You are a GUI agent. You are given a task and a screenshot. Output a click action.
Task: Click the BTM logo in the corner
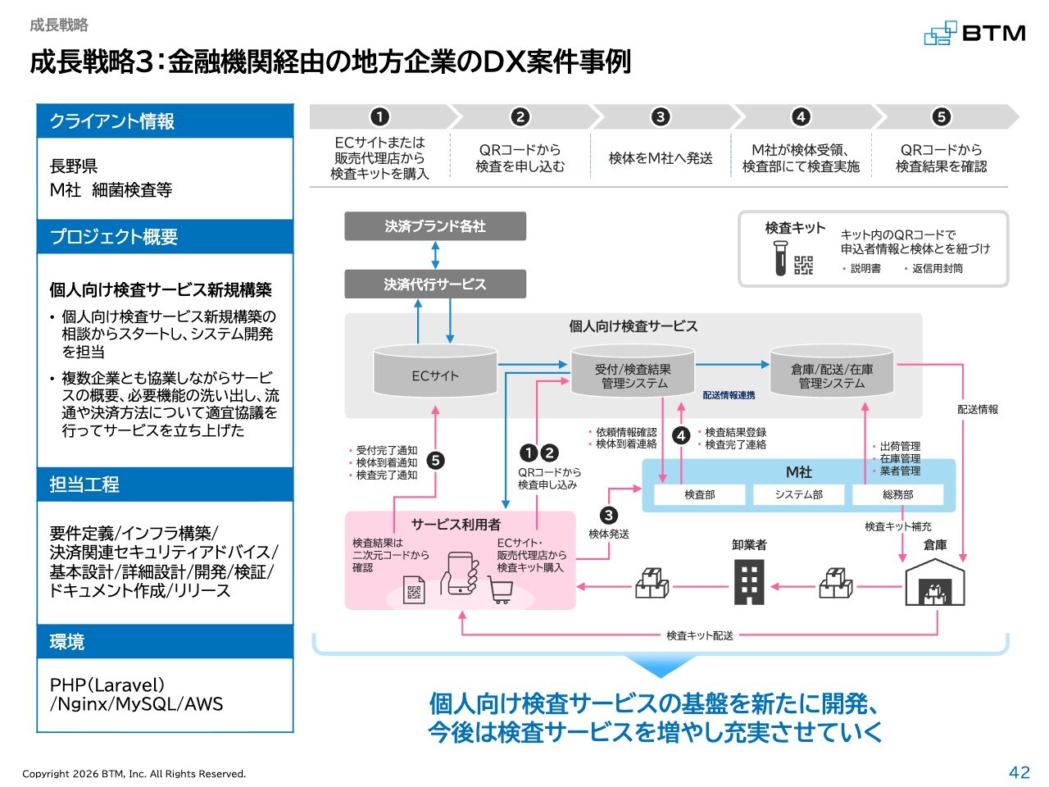click(975, 33)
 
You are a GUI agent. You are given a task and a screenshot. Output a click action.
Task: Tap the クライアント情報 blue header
click(165, 121)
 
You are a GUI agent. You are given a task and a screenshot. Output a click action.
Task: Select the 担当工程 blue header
click(165, 484)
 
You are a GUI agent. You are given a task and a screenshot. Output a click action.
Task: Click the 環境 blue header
click(165, 641)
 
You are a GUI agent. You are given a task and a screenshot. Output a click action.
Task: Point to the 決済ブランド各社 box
click(435, 226)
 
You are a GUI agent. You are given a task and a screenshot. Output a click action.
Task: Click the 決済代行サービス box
click(435, 284)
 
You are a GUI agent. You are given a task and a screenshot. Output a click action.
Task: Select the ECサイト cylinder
click(435, 371)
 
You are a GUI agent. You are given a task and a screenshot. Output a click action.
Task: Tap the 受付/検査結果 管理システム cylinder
click(633, 371)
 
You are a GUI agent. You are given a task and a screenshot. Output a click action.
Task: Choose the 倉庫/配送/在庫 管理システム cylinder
click(832, 371)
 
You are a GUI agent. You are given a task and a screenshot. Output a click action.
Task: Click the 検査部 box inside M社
click(699, 494)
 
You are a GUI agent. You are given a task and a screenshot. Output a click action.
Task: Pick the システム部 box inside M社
click(798, 494)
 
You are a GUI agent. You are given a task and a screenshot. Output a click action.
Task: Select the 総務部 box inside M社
click(897, 494)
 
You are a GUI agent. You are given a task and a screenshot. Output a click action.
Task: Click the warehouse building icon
click(935, 582)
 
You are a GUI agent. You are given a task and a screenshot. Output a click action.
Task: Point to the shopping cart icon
click(500, 589)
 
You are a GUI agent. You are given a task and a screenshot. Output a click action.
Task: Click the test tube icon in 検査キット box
click(780, 257)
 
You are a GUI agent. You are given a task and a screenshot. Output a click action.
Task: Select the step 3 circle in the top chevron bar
click(661, 116)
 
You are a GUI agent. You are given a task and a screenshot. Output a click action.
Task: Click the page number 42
click(1019, 772)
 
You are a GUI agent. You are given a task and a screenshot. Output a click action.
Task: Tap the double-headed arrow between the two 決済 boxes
click(435, 255)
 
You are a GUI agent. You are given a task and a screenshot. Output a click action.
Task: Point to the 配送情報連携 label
click(729, 395)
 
